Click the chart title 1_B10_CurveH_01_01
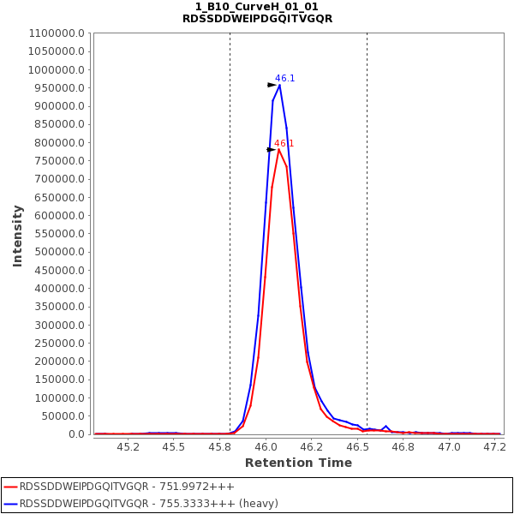257,7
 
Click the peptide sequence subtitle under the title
257,19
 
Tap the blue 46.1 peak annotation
284,78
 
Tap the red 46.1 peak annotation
284,143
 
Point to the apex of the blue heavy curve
279,84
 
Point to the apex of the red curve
278,149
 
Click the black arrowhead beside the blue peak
272,85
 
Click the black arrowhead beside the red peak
271,150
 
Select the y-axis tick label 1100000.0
57,33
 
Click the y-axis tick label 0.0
77,434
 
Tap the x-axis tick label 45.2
128,447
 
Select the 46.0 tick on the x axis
266,447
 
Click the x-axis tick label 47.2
494,447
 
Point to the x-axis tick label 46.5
357,447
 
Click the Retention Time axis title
298,463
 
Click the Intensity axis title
17,235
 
